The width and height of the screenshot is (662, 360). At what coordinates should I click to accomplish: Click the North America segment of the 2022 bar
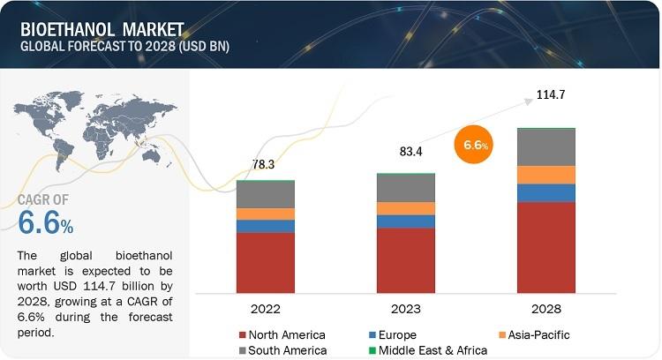pyautogui.click(x=266, y=262)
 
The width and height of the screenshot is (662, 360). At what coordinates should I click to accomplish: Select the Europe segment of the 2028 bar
pyautogui.click(x=545, y=192)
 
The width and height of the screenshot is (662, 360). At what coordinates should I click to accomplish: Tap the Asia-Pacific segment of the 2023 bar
pyautogui.click(x=405, y=208)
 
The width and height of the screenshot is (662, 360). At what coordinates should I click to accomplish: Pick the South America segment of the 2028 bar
pyautogui.click(x=545, y=147)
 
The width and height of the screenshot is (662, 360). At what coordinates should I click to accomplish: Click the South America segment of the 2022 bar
pyautogui.click(x=266, y=194)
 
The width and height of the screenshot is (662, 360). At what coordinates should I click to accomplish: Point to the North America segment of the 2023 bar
pyautogui.click(x=405, y=260)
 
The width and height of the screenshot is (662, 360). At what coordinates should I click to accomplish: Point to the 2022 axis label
pyautogui.click(x=266, y=309)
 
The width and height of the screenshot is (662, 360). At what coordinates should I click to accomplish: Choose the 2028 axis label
pyautogui.click(x=545, y=309)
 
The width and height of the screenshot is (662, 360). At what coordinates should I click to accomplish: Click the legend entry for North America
pyautogui.click(x=282, y=334)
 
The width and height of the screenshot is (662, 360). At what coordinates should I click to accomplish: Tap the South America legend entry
pyautogui.click(x=282, y=350)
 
